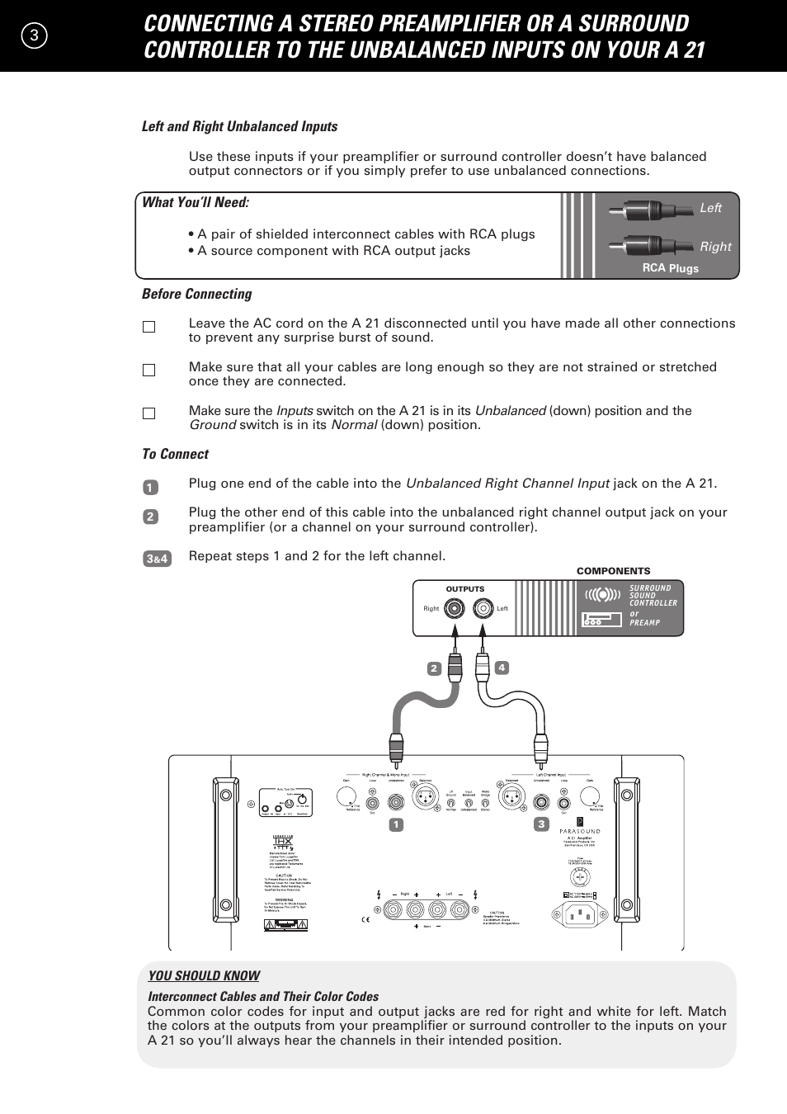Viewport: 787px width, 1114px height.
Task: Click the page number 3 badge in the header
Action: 31,35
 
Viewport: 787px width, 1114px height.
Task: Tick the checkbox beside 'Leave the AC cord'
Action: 148,327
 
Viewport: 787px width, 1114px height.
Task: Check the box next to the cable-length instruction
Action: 148,371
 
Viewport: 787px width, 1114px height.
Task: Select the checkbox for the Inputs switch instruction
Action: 148,414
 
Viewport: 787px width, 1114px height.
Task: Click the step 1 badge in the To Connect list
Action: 149,488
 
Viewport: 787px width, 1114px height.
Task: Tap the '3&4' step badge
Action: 157,559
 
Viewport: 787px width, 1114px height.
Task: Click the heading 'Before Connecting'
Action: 196,294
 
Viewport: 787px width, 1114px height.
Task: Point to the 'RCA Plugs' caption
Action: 670,268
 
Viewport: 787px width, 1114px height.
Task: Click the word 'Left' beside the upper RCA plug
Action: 710,208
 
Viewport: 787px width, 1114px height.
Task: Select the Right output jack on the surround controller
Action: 454,609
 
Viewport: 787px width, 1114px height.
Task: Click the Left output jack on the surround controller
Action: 483,609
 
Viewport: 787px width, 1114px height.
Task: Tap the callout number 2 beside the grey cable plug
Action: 434,668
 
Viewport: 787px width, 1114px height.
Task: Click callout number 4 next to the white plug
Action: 502,668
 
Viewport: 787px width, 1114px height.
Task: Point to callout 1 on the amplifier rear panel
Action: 396,824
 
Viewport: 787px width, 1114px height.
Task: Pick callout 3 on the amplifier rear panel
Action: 541,824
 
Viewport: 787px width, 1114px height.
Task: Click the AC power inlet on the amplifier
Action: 579,913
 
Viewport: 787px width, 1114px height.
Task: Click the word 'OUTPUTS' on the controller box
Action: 465,589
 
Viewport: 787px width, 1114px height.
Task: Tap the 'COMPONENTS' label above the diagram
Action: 613,571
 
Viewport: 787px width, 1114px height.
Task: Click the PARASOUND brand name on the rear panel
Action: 580,831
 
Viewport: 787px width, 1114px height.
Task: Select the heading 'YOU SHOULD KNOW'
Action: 204,975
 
